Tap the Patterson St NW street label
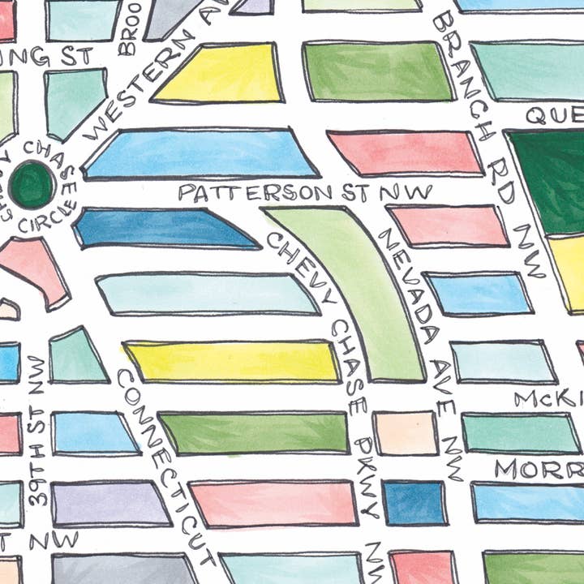[x=304, y=192]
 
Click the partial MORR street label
[x=539, y=470]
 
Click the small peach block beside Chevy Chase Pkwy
[x=405, y=433]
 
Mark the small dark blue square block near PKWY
[x=414, y=503]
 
